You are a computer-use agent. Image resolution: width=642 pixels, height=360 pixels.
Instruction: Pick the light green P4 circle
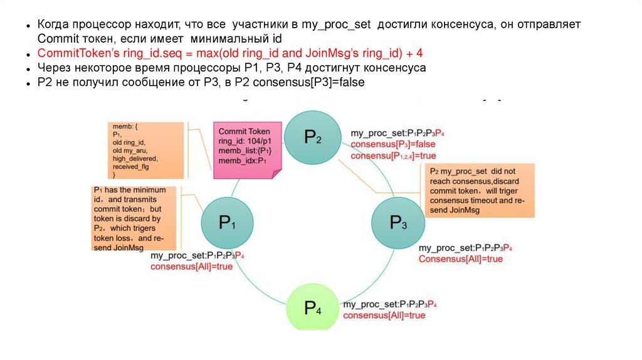click(x=313, y=308)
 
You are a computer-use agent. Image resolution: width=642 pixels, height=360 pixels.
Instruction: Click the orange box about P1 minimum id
click(x=129, y=218)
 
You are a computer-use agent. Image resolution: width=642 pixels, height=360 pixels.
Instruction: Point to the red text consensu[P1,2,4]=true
click(x=393, y=156)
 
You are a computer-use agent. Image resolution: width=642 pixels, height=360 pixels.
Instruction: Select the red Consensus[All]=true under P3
click(x=461, y=258)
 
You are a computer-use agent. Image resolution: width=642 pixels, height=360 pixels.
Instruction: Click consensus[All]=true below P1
click(x=191, y=267)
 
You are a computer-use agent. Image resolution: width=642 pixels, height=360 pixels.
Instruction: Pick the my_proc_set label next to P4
click(x=389, y=304)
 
